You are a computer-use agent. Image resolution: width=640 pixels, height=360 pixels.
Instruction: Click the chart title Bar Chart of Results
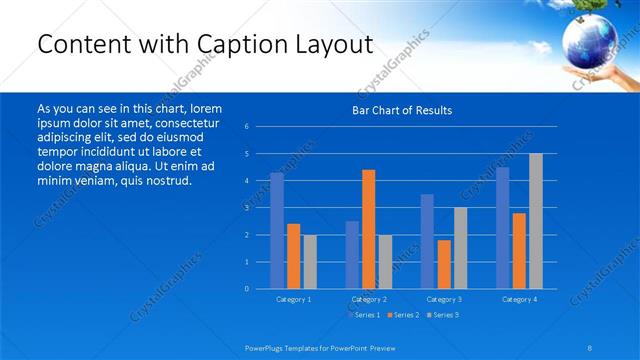tap(401, 110)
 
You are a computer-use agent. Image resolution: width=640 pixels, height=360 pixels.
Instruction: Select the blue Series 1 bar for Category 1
tap(277, 231)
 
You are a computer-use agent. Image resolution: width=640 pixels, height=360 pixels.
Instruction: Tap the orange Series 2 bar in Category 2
tap(368, 229)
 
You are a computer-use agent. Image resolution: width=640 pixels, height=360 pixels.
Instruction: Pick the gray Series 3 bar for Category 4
tap(536, 221)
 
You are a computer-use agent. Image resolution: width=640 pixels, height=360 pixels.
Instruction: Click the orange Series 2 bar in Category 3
tap(444, 264)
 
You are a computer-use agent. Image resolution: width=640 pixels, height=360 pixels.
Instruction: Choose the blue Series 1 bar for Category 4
tap(503, 228)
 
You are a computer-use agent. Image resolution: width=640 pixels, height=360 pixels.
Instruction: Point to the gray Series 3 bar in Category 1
tap(310, 262)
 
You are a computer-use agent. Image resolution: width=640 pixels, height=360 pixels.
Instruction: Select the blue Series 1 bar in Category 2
tap(352, 255)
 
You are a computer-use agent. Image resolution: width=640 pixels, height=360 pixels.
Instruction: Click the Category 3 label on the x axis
tap(444, 299)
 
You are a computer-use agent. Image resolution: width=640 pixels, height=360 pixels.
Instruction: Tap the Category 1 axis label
tap(293, 299)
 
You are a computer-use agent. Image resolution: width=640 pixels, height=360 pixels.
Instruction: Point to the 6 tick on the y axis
tap(247, 127)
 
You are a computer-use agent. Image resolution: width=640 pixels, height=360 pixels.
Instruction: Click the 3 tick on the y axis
tap(247, 208)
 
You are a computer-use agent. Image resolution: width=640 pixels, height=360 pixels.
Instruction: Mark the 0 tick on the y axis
tap(247, 289)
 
